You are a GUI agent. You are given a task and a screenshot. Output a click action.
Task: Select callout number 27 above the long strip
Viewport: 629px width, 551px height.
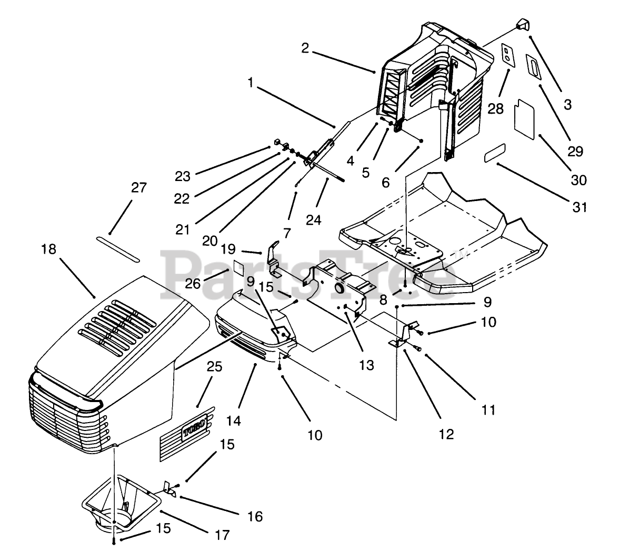(x=139, y=188)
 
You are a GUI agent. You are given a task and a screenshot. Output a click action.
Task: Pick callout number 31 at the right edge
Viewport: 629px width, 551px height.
(x=580, y=207)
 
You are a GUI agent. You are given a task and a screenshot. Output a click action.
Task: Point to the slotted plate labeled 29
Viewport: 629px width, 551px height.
(x=534, y=68)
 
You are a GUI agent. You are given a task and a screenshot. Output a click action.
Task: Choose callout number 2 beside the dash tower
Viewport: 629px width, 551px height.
(x=305, y=48)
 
